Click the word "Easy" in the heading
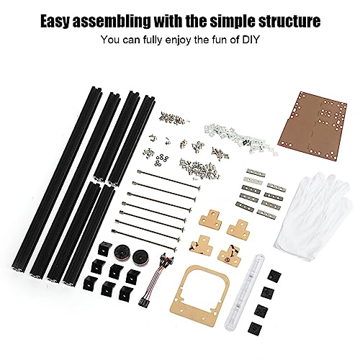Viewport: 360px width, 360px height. click(x=55, y=22)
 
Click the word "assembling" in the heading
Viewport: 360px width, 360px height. click(x=112, y=22)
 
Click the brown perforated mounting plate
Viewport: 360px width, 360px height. click(x=312, y=125)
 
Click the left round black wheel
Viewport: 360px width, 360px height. click(x=122, y=252)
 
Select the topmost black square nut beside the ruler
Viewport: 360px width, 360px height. click(x=274, y=275)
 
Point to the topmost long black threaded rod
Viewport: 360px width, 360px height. click(x=168, y=179)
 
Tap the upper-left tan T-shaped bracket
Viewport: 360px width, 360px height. click(x=210, y=218)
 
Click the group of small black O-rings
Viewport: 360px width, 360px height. click(x=161, y=160)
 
